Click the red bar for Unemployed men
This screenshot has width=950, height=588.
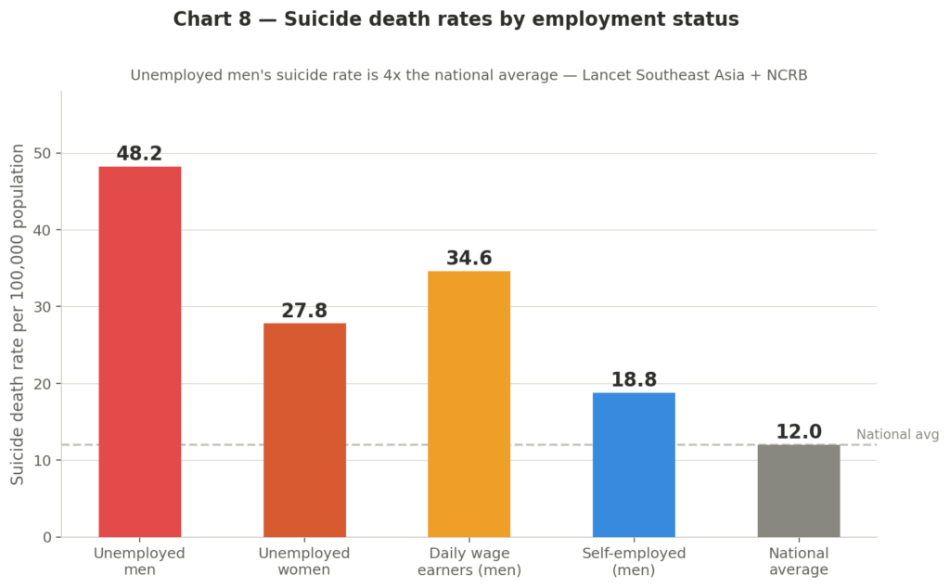click(139, 352)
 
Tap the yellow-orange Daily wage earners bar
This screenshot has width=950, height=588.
click(469, 403)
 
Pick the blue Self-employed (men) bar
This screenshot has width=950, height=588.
click(634, 464)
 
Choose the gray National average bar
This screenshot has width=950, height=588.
click(798, 491)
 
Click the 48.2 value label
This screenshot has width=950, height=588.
click(139, 154)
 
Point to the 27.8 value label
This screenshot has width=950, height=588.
click(304, 311)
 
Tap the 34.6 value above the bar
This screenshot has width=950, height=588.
click(469, 259)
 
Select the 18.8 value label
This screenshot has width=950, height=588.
click(634, 380)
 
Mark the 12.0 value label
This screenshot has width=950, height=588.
click(798, 432)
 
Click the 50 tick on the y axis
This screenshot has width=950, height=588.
click(43, 153)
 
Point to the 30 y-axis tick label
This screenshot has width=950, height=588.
click(43, 307)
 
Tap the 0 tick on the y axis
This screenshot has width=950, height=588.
click(47, 537)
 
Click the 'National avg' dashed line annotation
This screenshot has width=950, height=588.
click(897, 434)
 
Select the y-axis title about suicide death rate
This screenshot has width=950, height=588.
click(18, 313)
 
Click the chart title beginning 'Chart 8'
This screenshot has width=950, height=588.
click(456, 19)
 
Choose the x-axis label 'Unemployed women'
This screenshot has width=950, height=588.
click(304, 561)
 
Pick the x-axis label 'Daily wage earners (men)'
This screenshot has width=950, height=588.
click(469, 561)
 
